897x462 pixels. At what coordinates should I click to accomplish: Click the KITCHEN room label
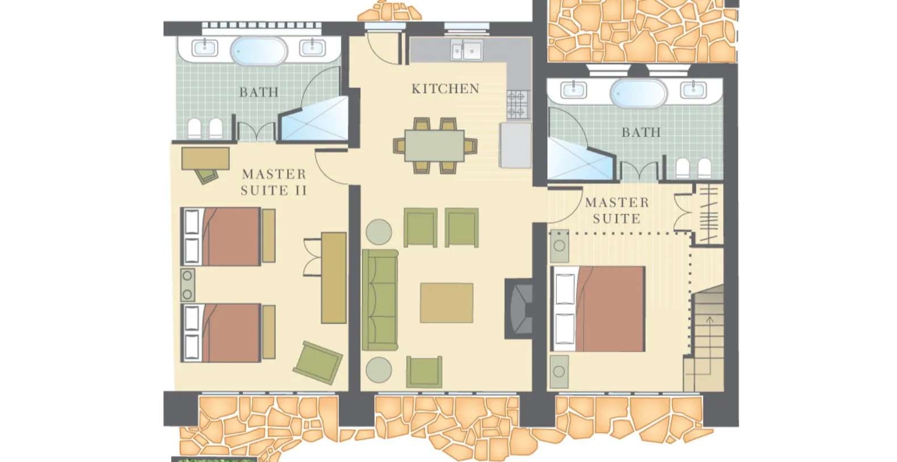point(445,89)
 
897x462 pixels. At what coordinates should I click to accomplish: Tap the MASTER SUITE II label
point(274,182)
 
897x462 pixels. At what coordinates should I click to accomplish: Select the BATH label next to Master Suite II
point(259,93)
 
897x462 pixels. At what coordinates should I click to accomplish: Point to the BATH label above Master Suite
point(641,132)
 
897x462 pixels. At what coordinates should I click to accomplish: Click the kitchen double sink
point(467,50)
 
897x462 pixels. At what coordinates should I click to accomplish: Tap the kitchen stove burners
point(517,105)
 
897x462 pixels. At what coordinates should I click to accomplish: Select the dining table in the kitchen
point(434,145)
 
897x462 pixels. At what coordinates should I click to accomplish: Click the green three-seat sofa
point(380,300)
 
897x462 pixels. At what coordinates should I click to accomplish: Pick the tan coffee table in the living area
point(446,303)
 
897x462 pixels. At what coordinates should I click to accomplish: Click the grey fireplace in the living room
point(520,309)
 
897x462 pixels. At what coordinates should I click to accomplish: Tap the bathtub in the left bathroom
point(259,51)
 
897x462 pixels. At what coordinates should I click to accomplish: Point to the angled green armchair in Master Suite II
point(318,363)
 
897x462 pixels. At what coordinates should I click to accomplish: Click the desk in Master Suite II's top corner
point(206,159)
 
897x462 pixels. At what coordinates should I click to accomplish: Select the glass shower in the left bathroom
point(313,119)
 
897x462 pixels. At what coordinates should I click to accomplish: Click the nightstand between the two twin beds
point(187,285)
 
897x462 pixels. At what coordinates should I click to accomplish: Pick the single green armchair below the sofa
point(424,372)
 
